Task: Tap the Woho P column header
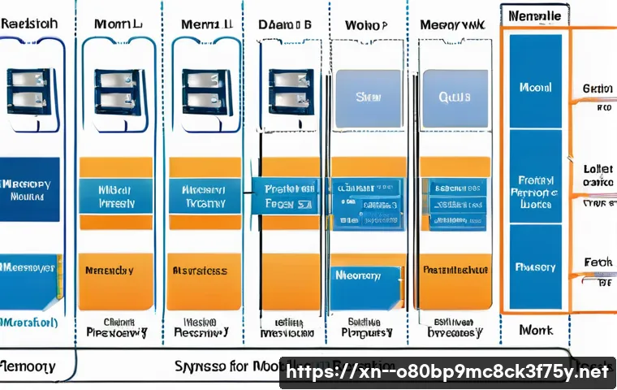(366, 24)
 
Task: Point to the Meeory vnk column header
(451, 25)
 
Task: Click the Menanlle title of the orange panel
(533, 15)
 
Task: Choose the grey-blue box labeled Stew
(368, 97)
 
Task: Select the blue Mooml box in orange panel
(535, 87)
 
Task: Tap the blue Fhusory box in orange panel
(535, 266)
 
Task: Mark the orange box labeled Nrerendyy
(115, 271)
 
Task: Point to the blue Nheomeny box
(366, 276)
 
